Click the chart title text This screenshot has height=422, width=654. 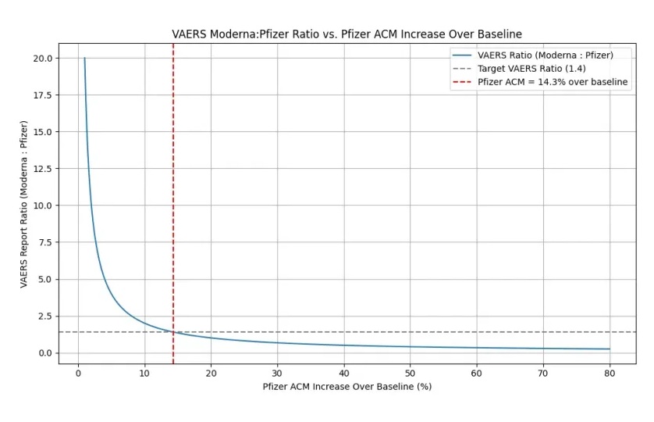(x=347, y=34)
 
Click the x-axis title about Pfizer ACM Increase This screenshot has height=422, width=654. (x=347, y=386)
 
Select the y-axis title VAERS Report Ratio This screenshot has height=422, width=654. (x=24, y=204)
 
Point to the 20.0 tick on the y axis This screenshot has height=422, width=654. (x=42, y=58)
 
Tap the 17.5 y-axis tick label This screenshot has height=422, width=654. (x=42, y=95)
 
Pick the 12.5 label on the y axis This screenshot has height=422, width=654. (x=42, y=169)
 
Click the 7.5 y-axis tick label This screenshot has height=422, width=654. (x=45, y=242)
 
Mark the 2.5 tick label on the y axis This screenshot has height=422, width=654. (x=45, y=316)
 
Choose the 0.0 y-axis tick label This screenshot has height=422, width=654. (x=45, y=353)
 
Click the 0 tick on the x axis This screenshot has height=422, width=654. (x=78, y=373)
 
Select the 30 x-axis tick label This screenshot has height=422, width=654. (x=277, y=373)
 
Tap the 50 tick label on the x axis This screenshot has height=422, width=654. (x=410, y=373)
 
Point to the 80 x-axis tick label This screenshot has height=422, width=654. (x=609, y=373)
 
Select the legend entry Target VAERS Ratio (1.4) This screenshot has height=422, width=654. (x=531, y=69)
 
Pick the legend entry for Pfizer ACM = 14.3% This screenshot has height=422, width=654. (x=553, y=82)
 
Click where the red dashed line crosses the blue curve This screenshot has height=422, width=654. (x=173, y=332)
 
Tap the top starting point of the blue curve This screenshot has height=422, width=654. (x=84, y=58)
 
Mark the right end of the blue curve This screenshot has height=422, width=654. (x=609, y=349)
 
